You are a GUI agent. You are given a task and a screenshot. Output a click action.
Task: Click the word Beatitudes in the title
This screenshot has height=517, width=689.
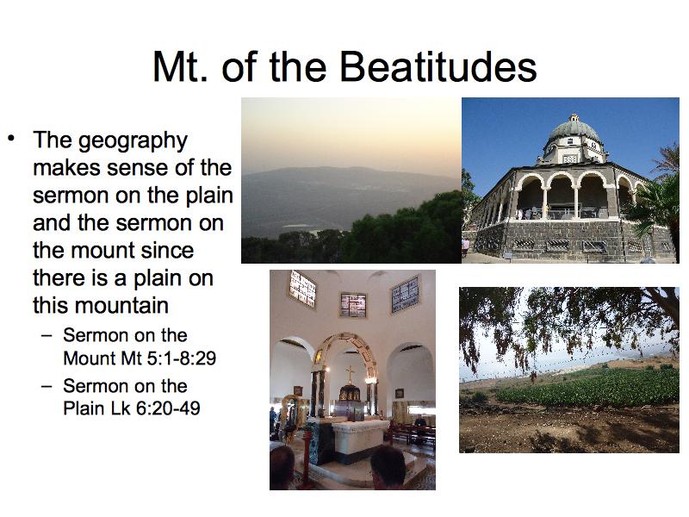[x=438, y=67]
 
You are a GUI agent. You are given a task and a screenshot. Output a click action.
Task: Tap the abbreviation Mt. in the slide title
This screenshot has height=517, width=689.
[x=179, y=67]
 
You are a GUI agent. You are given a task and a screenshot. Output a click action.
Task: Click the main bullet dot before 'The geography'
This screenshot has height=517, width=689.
[x=11, y=139]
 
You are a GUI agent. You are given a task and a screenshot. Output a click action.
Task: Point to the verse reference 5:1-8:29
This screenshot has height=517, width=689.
[x=181, y=358]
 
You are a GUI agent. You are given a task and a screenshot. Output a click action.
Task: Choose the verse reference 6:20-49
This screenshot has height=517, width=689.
[x=168, y=408]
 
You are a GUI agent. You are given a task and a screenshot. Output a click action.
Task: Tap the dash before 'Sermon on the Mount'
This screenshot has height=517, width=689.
[x=47, y=336]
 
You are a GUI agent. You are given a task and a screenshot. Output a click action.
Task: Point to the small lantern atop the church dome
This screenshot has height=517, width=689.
[x=574, y=118]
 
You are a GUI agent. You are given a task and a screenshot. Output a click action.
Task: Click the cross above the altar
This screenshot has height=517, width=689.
[x=350, y=375]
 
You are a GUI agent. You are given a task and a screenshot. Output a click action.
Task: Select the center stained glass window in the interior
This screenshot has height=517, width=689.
[x=353, y=305]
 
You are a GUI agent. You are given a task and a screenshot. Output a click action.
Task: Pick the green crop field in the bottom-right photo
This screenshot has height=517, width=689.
[x=589, y=387]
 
